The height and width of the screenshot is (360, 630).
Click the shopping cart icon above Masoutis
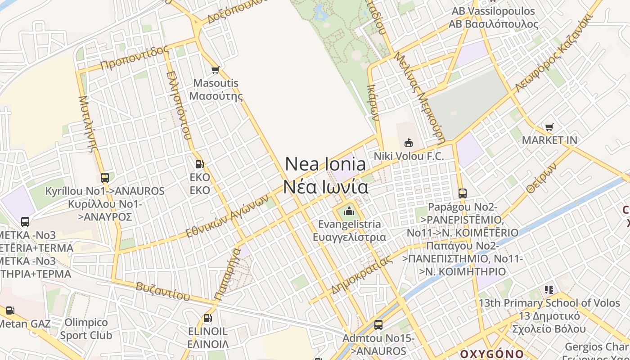coord(215,70)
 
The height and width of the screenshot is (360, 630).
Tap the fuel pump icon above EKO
coord(200,164)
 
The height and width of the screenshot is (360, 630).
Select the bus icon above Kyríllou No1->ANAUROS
coord(105,178)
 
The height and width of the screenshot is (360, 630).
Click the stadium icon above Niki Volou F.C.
coord(409,143)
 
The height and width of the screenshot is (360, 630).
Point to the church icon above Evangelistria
coord(349,211)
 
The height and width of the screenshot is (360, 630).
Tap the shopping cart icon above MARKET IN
coord(549,127)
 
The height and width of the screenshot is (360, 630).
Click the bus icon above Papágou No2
coord(463,193)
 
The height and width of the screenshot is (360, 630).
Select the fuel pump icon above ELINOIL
coord(207,318)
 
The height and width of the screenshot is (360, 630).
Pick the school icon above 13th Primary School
coord(549,289)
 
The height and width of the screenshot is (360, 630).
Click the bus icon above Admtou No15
coord(378,324)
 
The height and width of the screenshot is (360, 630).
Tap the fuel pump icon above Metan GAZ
coord(10,310)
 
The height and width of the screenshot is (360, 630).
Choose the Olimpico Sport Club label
coord(86,328)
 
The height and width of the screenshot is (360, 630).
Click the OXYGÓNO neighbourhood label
coord(492,353)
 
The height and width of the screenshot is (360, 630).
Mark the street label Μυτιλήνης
coord(88,124)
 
